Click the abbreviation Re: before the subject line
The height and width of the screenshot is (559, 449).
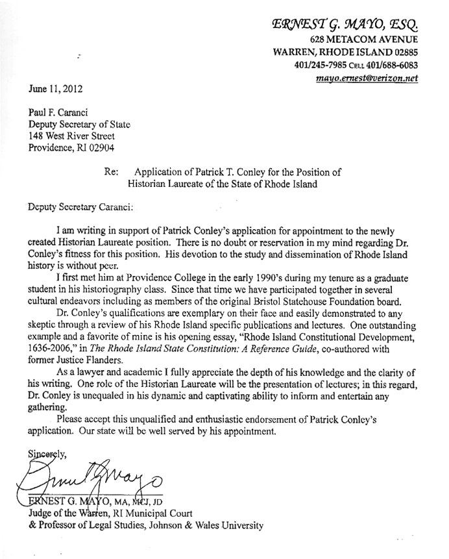[111, 173]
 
